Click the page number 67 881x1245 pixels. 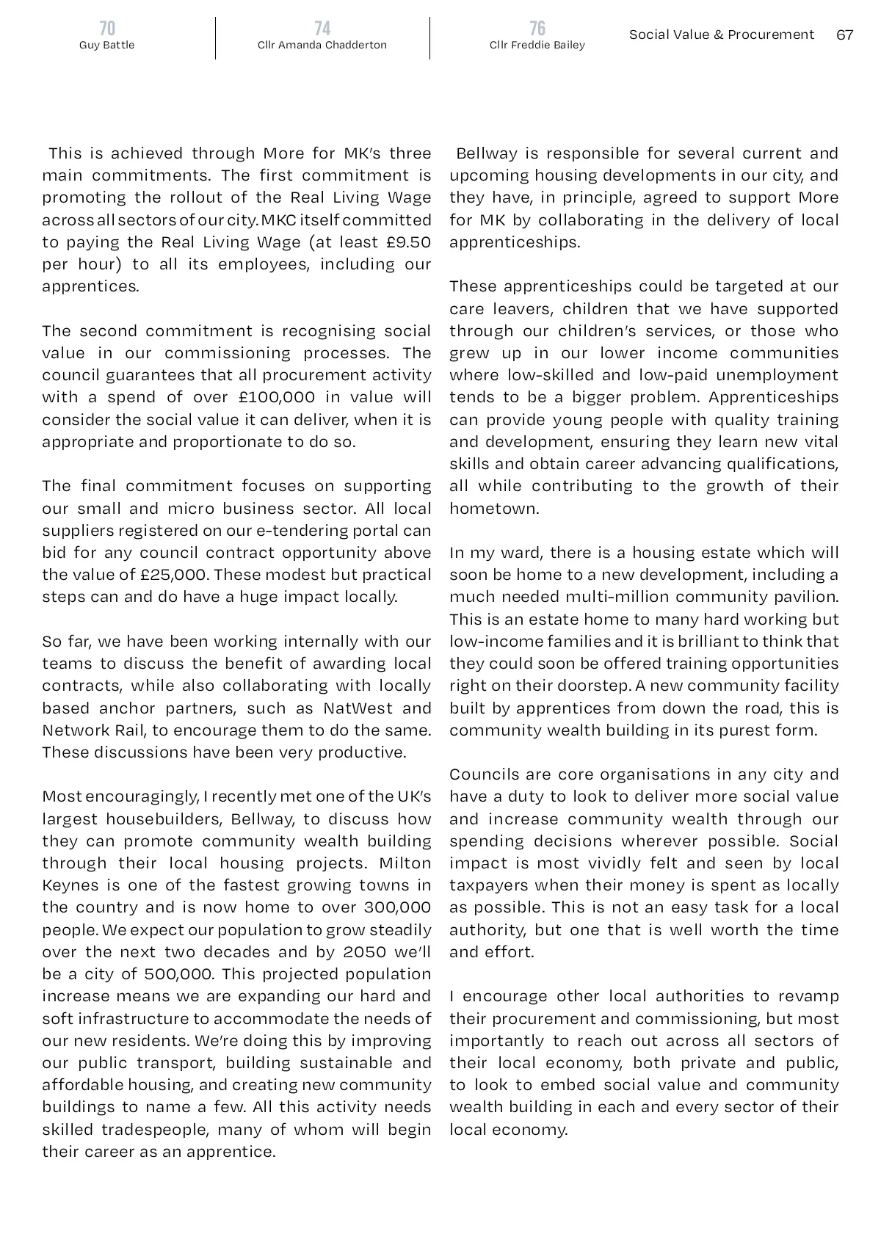pos(845,35)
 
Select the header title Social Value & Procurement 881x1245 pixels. pos(721,35)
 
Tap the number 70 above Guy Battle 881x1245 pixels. pos(107,28)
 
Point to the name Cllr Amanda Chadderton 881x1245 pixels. pos(322,45)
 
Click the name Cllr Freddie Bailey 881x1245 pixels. pos(537,45)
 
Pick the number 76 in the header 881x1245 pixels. pos(537,28)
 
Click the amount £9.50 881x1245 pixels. pos(407,242)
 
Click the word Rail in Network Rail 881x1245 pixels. pos(118,730)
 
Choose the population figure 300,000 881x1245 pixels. pos(397,907)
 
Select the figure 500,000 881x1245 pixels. pos(176,974)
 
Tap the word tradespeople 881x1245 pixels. pos(155,1129)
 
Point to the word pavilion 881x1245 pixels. pos(805,597)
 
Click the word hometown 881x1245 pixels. pos(493,509)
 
